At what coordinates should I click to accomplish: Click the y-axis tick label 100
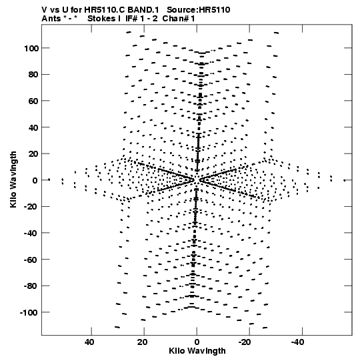[x=31, y=49]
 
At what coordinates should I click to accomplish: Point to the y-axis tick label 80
[x=33, y=75]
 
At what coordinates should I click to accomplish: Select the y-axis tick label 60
[x=33, y=101]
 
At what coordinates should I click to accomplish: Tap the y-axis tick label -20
[x=31, y=207]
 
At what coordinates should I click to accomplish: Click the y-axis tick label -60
[x=31, y=260]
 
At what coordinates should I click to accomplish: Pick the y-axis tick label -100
[x=29, y=313]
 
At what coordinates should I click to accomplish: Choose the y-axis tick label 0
[x=35, y=180]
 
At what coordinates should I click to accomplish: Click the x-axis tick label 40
[x=89, y=342]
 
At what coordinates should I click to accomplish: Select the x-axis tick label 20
[x=142, y=342]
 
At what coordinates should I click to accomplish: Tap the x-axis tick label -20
[x=245, y=342]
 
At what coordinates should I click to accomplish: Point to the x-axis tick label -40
[x=297, y=342]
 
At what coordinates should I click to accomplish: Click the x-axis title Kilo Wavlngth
[x=197, y=351]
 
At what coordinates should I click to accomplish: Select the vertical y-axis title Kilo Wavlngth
[x=13, y=179]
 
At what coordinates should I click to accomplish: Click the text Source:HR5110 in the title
[x=198, y=10]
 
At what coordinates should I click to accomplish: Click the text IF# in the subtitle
[x=131, y=19]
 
